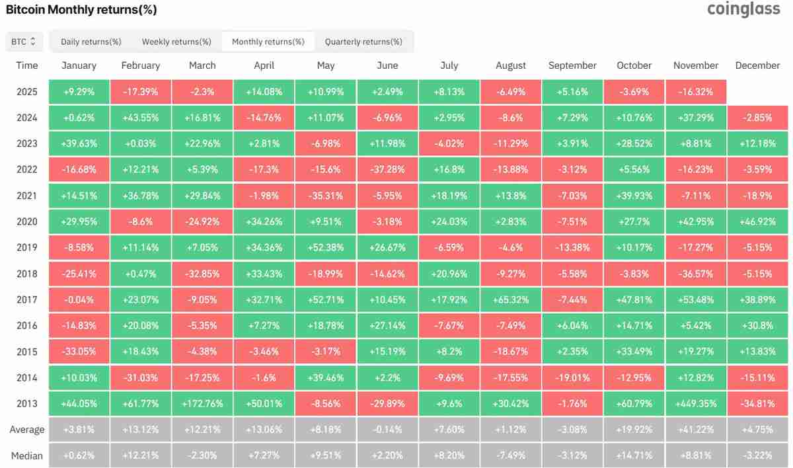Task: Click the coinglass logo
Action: click(743, 9)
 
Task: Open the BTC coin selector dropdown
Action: click(24, 42)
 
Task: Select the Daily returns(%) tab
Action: click(91, 42)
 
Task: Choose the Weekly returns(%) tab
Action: click(176, 42)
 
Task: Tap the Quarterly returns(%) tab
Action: click(363, 42)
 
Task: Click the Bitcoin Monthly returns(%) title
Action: click(81, 11)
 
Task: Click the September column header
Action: click(572, 65)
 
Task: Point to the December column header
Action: click(757, 65)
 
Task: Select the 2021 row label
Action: click(27, 196)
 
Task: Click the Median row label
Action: click(27, 455)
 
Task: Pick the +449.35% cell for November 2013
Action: click(695, 403)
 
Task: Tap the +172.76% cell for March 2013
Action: click(202, 403)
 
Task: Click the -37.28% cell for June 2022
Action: click(387, 170)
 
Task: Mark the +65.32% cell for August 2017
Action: click(511, 299)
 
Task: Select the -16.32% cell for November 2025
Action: click(695, 92)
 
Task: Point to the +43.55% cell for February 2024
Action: click(140, 118)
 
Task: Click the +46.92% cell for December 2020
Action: click(757, 221)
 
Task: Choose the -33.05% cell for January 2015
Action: click(79, 352)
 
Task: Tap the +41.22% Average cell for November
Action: click(695, 430)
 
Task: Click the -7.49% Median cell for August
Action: click(511, 455)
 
